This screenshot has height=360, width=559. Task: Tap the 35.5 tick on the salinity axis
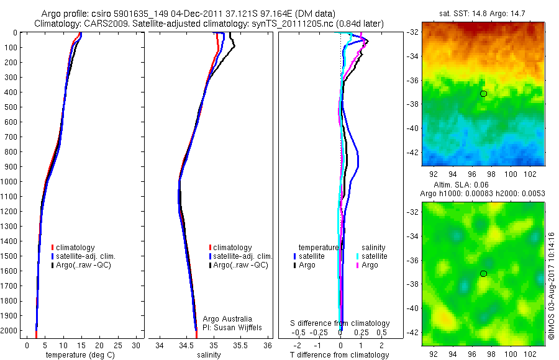click(240, 345)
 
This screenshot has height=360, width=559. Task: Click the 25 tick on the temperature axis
click(119, 345)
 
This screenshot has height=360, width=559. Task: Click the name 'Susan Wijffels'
click(235, 327)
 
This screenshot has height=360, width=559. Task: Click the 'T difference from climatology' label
click(340, 355)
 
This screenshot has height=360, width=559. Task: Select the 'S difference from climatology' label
click(340, 323)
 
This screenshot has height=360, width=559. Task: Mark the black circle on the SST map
click(483, 94)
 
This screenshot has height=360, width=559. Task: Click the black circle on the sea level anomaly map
click(483, 274)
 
